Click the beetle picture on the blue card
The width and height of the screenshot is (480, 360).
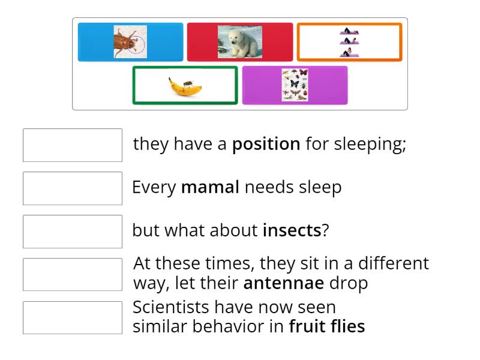pos(130,42)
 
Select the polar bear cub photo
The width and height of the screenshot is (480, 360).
pos(239,42)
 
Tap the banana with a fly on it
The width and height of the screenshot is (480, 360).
pos(185,86)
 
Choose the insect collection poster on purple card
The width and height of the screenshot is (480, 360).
pos(295,85)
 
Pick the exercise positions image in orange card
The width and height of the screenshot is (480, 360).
pos(349,43)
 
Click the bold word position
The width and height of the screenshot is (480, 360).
pos(266,144)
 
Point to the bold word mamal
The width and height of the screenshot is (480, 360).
pos(210,187)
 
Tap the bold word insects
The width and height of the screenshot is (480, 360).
pos(292,230)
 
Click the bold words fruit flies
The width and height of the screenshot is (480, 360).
pos(326,327)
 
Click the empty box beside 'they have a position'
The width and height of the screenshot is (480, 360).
pos(73,145)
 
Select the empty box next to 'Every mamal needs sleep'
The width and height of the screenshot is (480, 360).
pos(73,188)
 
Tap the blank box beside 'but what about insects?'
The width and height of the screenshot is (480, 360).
pos(73,232)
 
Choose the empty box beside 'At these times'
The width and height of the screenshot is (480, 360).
pos(73,274)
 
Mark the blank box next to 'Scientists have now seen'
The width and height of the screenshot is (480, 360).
pos(73,317)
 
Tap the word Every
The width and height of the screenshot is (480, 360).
pos(154,187)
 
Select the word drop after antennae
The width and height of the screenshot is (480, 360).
pos(349,283)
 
